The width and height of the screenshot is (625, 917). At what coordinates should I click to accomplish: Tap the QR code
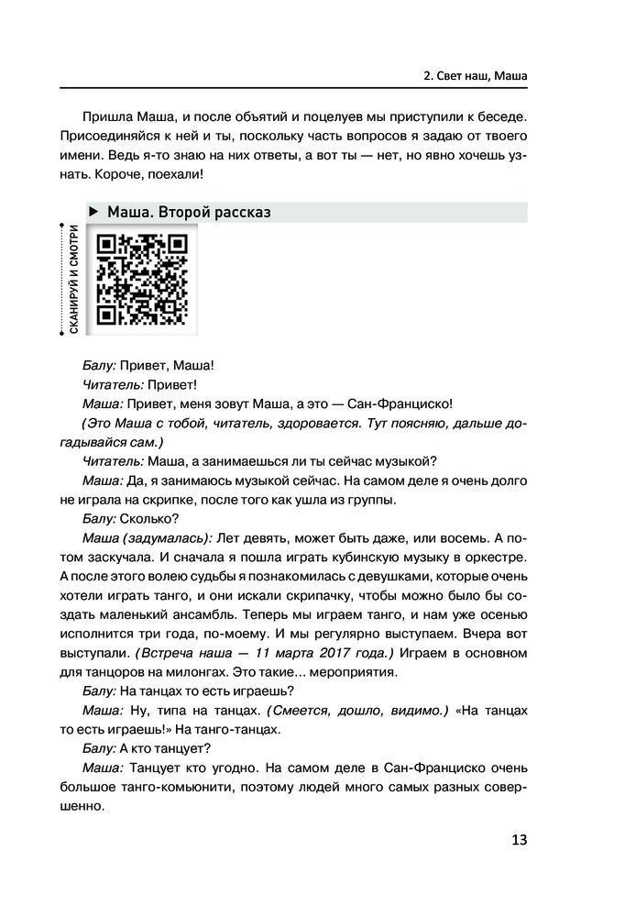point(142,281)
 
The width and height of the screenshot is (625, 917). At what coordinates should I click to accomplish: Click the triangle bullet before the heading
point(94,213)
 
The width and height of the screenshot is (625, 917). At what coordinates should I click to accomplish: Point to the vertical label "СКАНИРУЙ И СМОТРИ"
point(71,281)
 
